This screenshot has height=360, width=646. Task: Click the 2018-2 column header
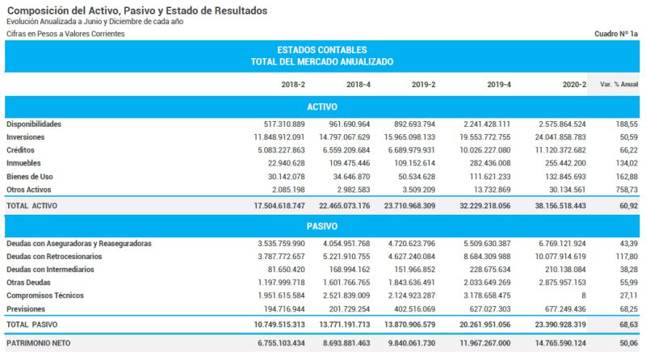pos(293,84)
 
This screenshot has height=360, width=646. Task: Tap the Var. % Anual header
pos(619,84)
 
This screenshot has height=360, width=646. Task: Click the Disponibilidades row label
pos(34,124)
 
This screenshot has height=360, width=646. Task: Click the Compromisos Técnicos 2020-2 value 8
pos(583,295)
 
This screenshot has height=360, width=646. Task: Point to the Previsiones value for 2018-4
pos(344,309)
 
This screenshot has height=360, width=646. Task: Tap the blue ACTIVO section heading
pos(322,107)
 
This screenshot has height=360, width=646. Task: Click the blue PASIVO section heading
pos(322,227)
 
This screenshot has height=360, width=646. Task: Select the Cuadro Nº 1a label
pos(615,34)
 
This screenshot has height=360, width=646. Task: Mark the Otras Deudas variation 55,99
pos(627,283)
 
